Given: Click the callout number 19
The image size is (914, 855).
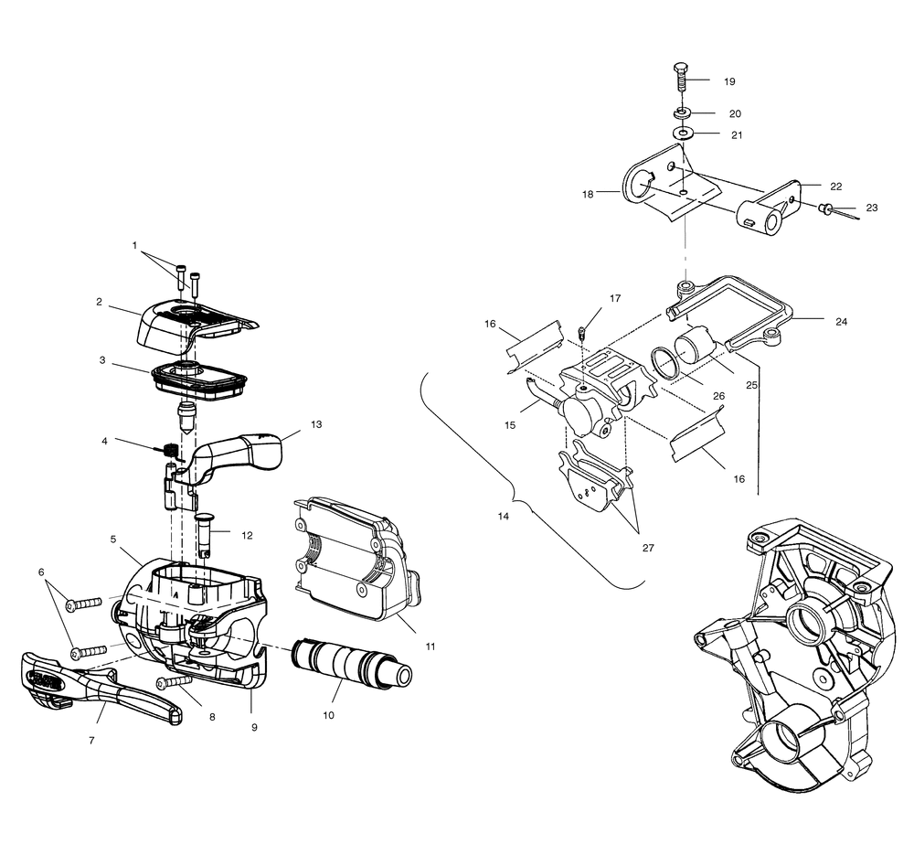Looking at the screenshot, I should pyautogui.click(x=729, y=81).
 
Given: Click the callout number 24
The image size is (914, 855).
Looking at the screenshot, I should pyautogui.click(x=841, y=321).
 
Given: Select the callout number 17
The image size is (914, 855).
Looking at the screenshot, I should pyautogui.click(x=615, y=298).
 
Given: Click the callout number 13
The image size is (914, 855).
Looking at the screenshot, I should pyautogui.click(x=316, y=424).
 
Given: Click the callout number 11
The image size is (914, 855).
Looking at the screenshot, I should pyautogui.click(x=430, y=646).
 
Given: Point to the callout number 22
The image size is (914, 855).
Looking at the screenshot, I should pyautogui.click(x=835, y=186).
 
